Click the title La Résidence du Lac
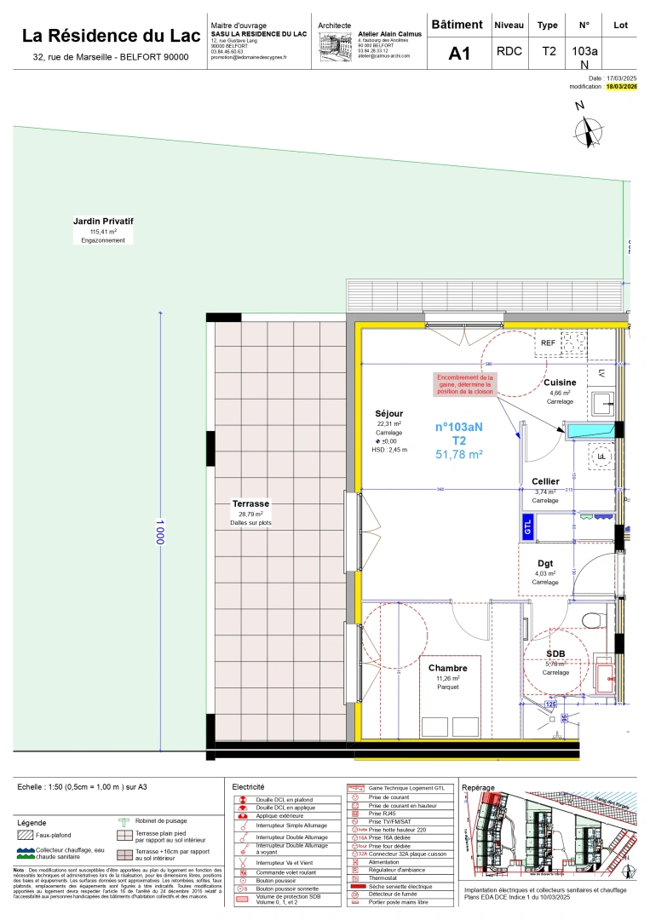point(111,36)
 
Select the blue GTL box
point(527,526)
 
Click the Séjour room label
point(388,413)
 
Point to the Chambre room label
point(447,669)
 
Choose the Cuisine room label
point(560,382)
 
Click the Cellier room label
point(545,481)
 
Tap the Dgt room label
point(545,563)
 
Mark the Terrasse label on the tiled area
point(250,503)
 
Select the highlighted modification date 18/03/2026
point(621,87)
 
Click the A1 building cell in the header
point(459,54)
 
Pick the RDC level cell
point(509,51)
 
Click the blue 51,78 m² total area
point(459,455)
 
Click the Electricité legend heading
point(248,786)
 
